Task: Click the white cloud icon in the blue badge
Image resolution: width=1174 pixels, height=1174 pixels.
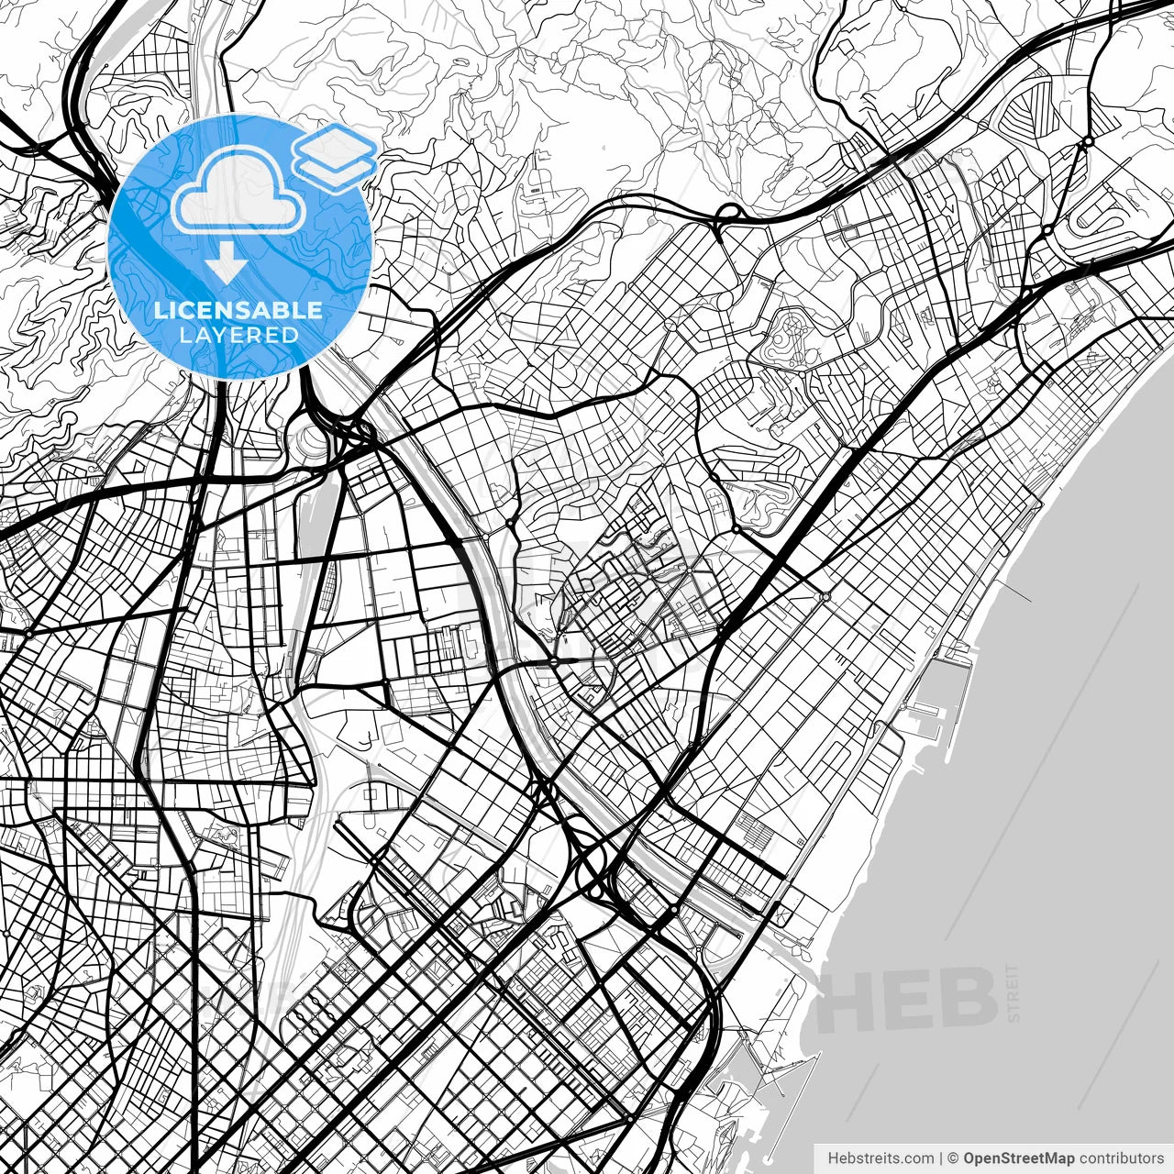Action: (238, 190)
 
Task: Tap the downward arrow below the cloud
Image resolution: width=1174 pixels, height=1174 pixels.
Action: (225, 267)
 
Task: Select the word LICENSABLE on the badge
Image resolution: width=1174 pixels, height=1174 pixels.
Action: (238, 310)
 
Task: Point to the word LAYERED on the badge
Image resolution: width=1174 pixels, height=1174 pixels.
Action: (238, 336)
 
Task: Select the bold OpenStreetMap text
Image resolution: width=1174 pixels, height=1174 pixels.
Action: (1018, 1157)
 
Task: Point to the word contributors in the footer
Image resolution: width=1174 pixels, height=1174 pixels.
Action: (1121, 1157)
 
